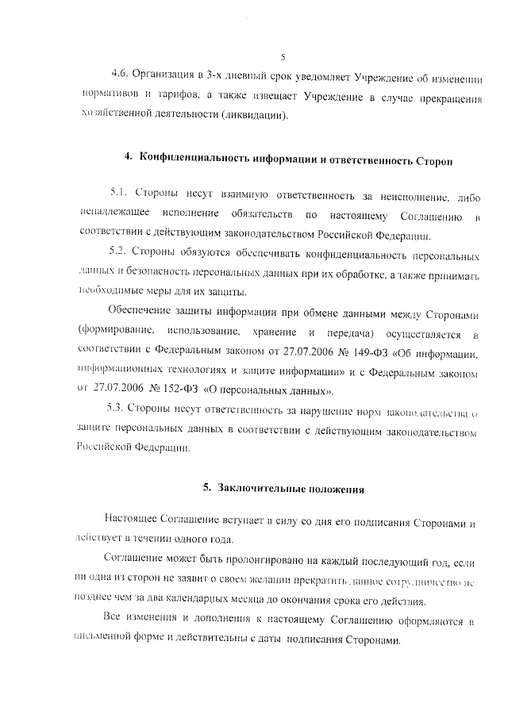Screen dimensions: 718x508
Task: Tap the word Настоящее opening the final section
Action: coord(132,520)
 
